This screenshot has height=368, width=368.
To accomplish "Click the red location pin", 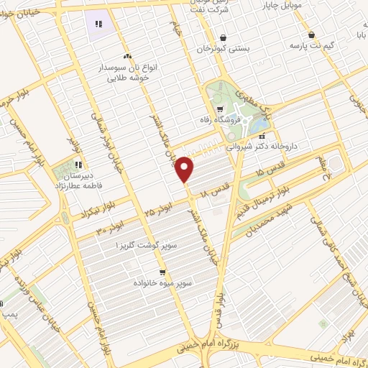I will click(185, 169).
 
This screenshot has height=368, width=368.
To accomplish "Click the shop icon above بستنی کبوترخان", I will click(223, 37).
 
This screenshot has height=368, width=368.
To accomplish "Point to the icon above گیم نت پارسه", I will click(310, 34).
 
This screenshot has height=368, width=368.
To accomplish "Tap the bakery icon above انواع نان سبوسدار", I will click(127, 56).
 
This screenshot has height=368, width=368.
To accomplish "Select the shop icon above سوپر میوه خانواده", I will click(162, 272).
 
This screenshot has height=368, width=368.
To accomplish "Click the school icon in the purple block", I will click(98, 24).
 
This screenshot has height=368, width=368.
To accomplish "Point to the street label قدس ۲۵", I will click(269, 172).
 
